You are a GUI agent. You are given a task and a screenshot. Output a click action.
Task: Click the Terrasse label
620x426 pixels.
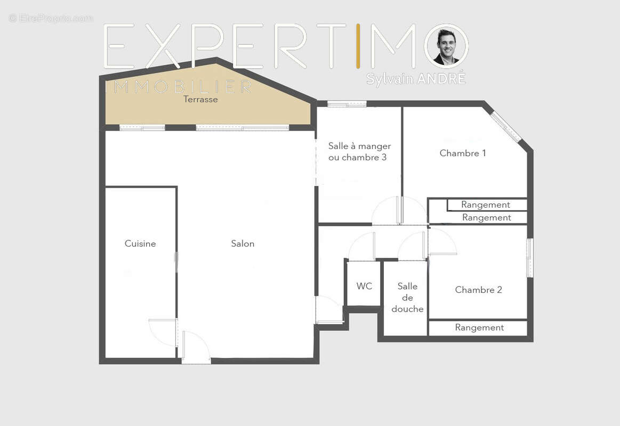click(x=200, y=99)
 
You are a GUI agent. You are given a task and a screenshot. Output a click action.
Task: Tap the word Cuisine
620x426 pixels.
click(x=140, y=243)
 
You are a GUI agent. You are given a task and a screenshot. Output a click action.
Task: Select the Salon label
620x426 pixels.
click(x=243, y=243)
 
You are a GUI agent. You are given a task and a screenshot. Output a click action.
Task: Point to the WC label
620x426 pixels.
click(x=364, y=286)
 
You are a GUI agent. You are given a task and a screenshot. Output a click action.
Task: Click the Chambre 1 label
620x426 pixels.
click(x=462, y=153)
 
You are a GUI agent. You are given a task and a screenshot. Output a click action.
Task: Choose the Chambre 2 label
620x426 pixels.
click(x=478, y=290)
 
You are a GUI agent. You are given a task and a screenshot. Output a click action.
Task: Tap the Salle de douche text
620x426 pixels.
click(x=407, y=298)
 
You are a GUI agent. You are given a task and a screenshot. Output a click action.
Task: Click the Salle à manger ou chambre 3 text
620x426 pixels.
click(x=359, y=152)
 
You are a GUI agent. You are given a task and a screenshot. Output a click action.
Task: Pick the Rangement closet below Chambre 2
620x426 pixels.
click(x=479, y=327)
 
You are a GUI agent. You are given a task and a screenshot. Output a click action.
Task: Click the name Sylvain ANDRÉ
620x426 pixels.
click(x=416, y=78)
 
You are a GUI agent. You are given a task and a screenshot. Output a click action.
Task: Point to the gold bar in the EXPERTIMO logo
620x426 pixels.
click(x=358, y=46)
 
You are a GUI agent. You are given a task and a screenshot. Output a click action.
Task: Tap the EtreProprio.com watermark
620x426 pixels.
click(x=51, y=18)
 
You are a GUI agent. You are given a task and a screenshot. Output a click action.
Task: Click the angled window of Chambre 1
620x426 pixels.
click(x=505, y=126)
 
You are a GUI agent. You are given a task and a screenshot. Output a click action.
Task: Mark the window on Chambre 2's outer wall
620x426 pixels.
click(x=529, y=258)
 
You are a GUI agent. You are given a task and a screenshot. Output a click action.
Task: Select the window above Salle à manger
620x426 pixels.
click(x=347, y=104)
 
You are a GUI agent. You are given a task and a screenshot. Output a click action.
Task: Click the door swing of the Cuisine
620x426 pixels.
click(x=162, y=332)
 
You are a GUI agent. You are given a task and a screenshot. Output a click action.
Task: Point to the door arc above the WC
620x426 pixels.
click(x=361, y=247)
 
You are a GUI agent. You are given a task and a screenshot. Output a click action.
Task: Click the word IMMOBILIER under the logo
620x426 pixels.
click(x=179, y=87)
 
